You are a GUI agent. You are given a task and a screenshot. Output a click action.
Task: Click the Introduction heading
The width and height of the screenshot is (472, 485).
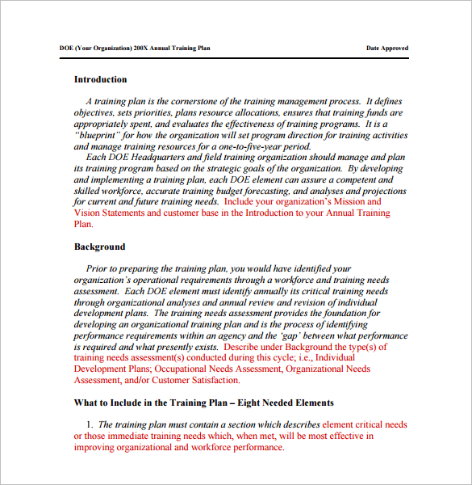[100, 79]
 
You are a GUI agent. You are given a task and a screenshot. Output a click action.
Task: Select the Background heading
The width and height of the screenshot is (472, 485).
[99, 247]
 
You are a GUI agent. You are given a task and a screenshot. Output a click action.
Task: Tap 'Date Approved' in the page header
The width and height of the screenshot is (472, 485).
[387, 48]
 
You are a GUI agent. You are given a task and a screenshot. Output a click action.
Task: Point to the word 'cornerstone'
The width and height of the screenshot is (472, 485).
[197, 101]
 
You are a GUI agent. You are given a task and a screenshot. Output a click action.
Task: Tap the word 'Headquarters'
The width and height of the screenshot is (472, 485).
[161, 158]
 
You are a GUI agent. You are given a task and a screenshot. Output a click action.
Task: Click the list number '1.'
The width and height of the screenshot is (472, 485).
[90, 424]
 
